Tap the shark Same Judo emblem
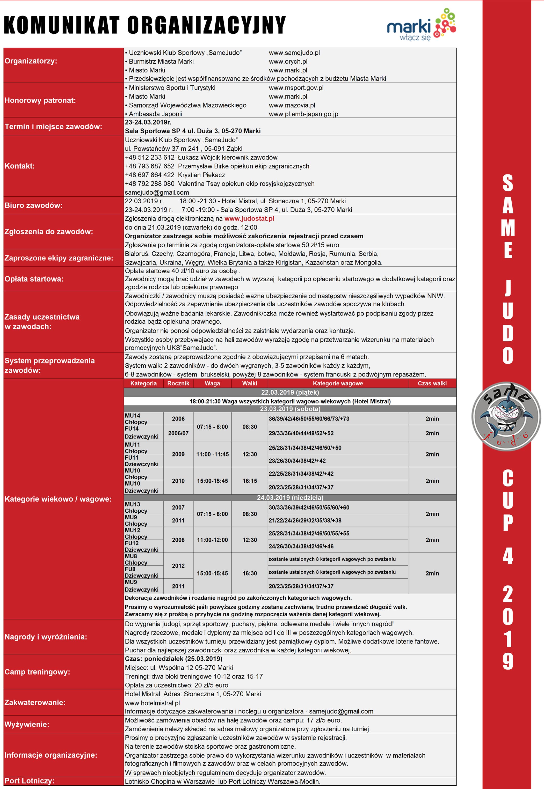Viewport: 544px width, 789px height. coord(506,416)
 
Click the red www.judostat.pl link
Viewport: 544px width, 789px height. coord(249,218)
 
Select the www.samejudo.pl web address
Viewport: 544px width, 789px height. coord(294,53)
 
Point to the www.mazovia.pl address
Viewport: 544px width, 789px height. coord(292,105)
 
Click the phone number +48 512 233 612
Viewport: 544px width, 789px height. coord(150,157)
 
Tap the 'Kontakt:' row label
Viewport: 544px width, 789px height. coord(20,166)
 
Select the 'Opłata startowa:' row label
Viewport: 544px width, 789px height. coord(34,279)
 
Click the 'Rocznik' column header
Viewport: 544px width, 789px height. coord(178,383)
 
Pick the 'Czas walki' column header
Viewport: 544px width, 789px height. coord(432,383)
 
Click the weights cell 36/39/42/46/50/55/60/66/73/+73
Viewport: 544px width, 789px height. coord(309,419)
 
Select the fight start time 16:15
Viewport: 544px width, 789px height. coord(250,481)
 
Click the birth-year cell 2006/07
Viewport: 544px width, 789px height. coord(178,433)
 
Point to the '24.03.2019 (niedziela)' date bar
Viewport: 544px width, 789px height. coord(290,497)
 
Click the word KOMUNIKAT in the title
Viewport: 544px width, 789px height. coord(62,25)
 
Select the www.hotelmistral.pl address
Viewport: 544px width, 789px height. coord(152,703)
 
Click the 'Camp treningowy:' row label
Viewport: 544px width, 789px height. coord(37,672)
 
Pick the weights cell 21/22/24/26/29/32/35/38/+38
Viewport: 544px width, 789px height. coord(305,520)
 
